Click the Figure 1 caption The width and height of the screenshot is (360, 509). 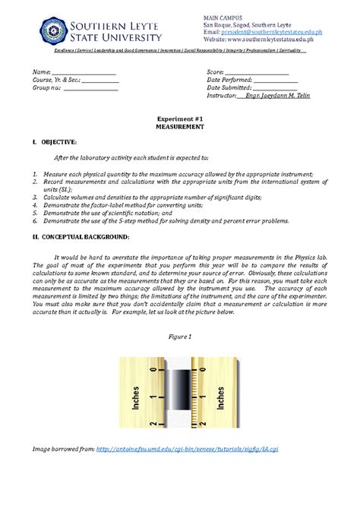(x=179, y=335)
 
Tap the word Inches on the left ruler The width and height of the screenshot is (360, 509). (x=136, y=397)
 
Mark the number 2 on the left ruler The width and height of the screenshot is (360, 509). (x=152, y=422)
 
